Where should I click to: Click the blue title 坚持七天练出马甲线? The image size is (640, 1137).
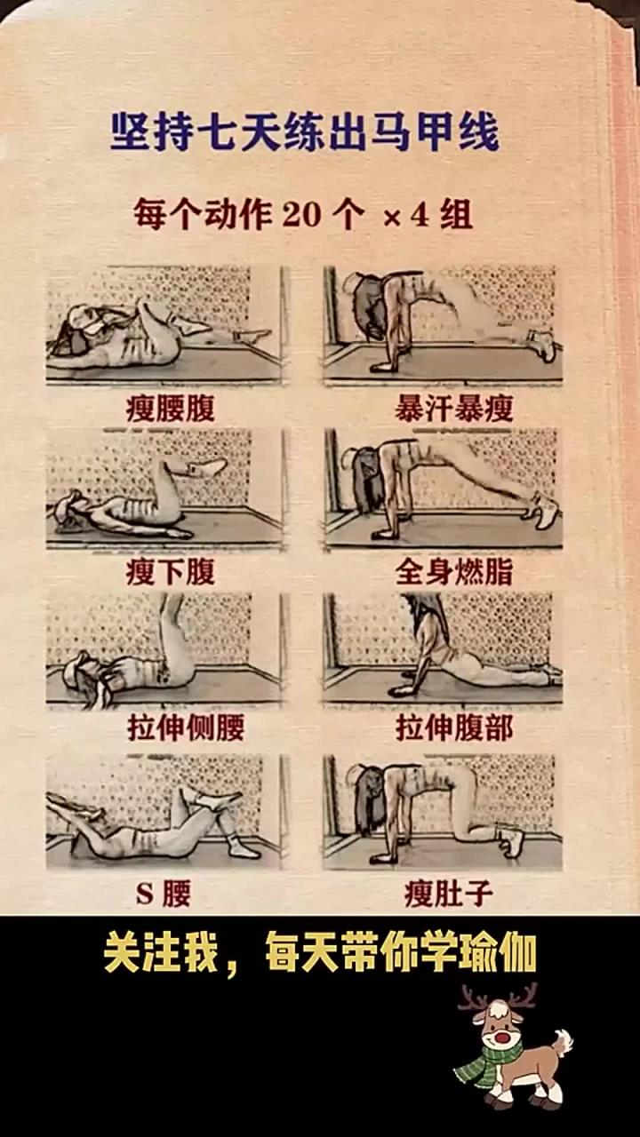click(x=304, y=132)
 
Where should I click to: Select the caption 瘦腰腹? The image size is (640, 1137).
click(x=169, y=409)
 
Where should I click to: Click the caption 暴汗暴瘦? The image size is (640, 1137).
click(x=453, y=409)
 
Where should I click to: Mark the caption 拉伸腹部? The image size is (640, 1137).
click(x=453, y=728)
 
